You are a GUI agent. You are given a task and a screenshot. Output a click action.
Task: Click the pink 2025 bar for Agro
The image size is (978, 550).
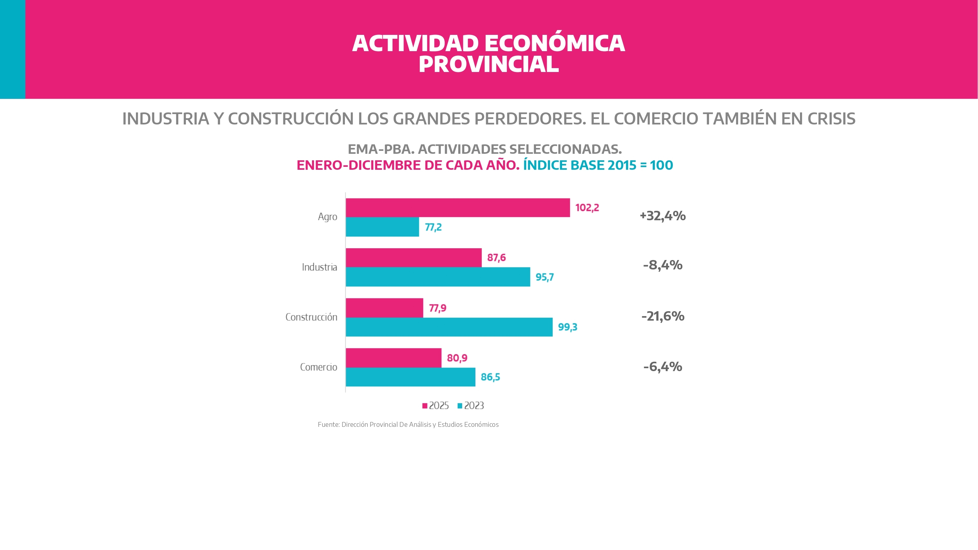[457, 208]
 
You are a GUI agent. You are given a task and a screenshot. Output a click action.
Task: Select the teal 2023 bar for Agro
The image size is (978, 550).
[382, 227]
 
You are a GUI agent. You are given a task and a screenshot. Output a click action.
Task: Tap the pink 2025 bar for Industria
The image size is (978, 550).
[413, 258]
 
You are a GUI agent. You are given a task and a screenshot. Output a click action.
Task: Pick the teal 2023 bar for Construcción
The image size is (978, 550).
[449, 327]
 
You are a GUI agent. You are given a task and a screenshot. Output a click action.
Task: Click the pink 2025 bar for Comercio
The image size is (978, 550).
[393, 358]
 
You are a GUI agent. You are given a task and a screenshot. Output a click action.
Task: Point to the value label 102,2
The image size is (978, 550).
[587, 208]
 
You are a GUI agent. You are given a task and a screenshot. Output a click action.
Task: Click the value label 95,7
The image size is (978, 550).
[544, 277]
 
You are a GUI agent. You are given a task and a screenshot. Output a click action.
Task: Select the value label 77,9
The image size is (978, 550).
[437, 308]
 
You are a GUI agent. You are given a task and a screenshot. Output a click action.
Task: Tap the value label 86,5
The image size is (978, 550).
[490, 377]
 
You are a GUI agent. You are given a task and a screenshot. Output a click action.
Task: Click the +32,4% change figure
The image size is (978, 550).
[662, 216]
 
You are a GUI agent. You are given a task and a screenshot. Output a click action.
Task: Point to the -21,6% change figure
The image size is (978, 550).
[662, 316]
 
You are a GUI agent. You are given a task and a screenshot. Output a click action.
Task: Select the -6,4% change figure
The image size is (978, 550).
[662, 367]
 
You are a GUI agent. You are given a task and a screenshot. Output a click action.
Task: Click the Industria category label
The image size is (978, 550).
[319, 267]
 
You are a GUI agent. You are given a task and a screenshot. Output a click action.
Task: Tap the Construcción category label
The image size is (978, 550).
[311, 317]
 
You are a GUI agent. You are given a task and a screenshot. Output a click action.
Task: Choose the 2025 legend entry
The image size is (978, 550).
[436, 406]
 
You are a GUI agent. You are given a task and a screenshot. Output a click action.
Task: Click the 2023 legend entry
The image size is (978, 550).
[471, 406]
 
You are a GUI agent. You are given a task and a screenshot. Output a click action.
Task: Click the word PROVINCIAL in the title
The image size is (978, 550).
[489, 64]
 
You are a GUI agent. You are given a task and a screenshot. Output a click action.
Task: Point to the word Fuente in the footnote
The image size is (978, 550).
[328, 425]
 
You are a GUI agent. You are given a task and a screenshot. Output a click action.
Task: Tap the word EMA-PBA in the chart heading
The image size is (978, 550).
[381, 149]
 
